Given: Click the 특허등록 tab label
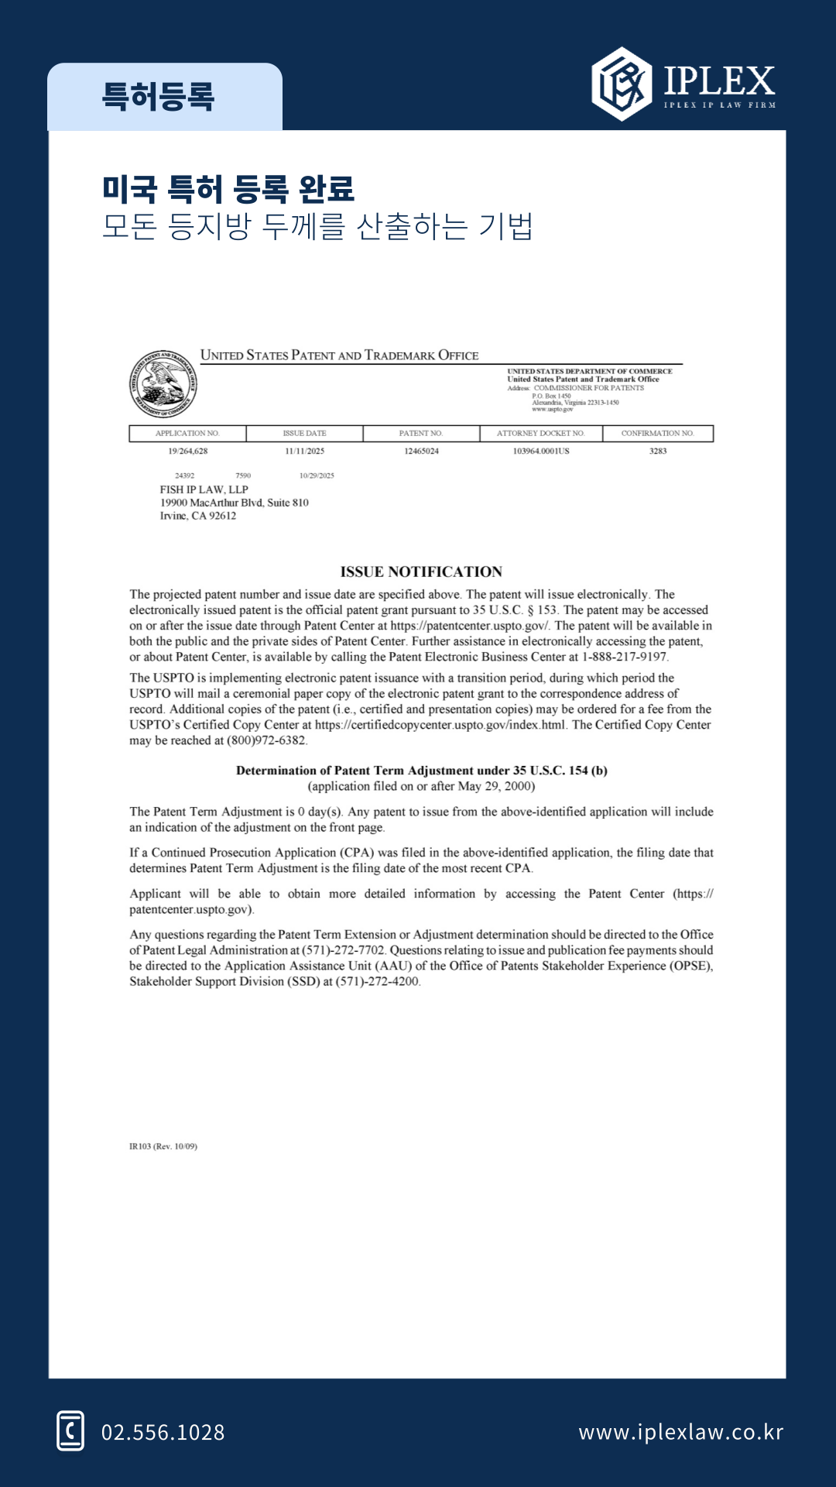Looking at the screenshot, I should click(158, 98).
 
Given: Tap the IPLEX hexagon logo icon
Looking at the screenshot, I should click(622, 84).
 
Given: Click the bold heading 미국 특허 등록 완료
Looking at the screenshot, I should click(228, 189).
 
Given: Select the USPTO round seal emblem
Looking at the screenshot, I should click(163, 384).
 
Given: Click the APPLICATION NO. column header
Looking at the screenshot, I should click(187, 434).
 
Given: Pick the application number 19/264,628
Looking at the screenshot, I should click(188, 451).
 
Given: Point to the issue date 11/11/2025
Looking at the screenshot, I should click(304, 451).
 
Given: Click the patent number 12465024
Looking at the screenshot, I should click(421, 451).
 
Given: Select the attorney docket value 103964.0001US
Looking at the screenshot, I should click(541, 451).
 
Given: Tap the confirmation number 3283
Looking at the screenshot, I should click(658, 451).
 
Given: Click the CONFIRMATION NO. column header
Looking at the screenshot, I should click(657, 434).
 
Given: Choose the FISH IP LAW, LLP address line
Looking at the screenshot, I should click(204, 489).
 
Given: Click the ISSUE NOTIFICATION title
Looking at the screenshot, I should click(421, 572).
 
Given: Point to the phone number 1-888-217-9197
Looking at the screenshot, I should click(624, 657).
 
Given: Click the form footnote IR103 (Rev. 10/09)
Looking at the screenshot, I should click(163, 1146).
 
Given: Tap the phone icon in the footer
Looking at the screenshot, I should click(70, 1430).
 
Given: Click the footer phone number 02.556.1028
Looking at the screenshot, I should click(163, 1432).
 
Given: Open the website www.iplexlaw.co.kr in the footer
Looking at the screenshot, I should click(681, 1432).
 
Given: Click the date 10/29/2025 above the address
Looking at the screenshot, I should click(317, 476).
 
